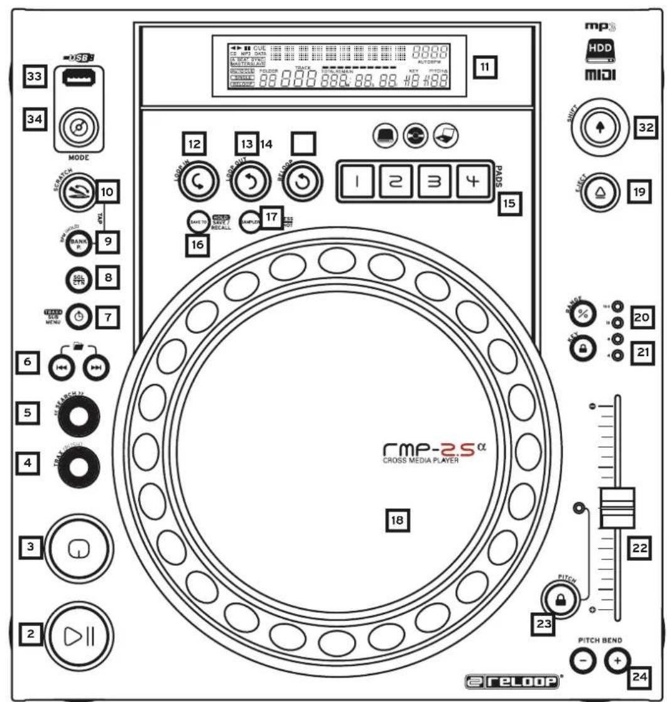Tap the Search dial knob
(x=79, y=418)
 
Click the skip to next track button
(x=95, y=369)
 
